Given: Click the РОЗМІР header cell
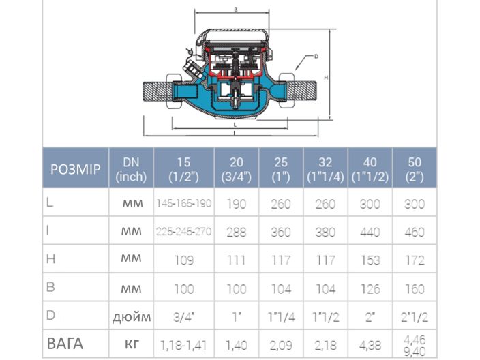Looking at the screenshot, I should pyautogui.click(x=76, y=168).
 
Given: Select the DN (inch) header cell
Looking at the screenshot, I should pyautogui.click(x=131, y=168).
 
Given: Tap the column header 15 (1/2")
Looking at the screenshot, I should pyautogui.click(x=183, y=168).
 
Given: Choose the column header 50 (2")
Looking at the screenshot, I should pyautogui.click(x=414, y=168).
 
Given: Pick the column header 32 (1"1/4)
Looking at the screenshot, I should pyautogui.click(x=325, y=168).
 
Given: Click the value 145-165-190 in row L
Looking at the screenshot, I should pyautogui.click(x=183, y=204).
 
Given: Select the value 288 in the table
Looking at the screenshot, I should pyautogui.click(x=237, y=232).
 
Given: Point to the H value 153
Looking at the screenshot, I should pyautogui.click(x=370, y=260).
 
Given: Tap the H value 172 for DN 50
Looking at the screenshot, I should pyautogui.click(x=414, y=260).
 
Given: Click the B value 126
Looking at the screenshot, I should pyautogui.click(x=370, y=288).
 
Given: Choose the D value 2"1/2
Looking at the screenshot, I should pyautogui.click(x=414, y=316).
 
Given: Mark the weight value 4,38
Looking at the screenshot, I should pyautogui.click(x=370, y=346).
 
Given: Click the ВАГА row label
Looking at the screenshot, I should pyautogui.click(x=65, y=344).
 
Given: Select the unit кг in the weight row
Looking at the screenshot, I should pyautogui.click(x=131, y=345).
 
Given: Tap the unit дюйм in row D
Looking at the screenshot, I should pyautogui.click(x=131, y=316).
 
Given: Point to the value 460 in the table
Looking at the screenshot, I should pyautogui.click(x=414, y=232).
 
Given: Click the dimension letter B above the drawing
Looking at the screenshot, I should pyautogui.click(x=235, y=10).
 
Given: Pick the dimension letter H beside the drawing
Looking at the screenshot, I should pyautogui.click(x=327, y=78).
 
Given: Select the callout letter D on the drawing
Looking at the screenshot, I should pyautogui.click(x=317, y=57).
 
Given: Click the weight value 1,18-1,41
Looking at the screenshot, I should pyautogui.click(x=183, y=346).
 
